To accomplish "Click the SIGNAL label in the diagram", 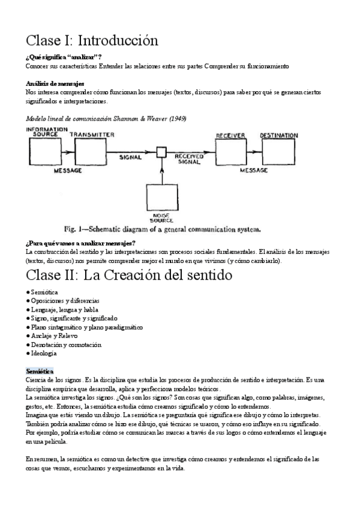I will pyautogui.click(x=130, y=158).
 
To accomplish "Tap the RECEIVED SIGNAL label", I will pyautogui.click(x=190, y=158).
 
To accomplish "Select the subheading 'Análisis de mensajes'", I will pyautogui.click(x=55, y=83).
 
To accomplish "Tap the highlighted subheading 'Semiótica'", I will pyautogui.click(x=40, y=372).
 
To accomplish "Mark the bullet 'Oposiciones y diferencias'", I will pyautogui.click(x=65, y=300).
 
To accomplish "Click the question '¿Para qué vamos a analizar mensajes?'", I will pyautogui.click(x=80, y=243).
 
